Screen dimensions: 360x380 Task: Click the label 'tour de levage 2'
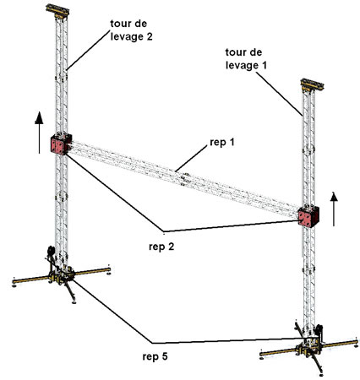[x=131, y=30]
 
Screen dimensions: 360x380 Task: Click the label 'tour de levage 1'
[x=246, y=59]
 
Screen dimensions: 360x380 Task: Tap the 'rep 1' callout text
[x=222, y=143]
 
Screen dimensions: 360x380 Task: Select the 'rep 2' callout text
[x=161, y=247]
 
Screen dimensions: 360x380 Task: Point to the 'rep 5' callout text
[x=155, y=356]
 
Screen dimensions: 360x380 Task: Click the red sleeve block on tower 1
[x=308, y=217]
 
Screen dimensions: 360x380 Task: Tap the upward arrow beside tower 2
[x=39, y=133]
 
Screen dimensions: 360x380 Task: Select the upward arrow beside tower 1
[x=334, y=209]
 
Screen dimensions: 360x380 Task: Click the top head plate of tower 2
[x=57, y=9]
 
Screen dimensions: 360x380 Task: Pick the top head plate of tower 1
[x=313, y=84]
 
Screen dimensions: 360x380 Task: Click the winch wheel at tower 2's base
[x=51, y=251]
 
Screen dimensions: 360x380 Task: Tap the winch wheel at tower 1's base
[x=319, y=329]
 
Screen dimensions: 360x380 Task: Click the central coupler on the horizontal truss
[x=184, y=179]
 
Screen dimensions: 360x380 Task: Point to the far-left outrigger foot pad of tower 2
[x=14, y=285]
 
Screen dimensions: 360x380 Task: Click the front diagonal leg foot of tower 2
[x=74, y=302]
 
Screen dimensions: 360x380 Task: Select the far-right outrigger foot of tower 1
[x=357, y=346]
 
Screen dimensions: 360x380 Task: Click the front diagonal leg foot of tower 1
[x=321, y=375]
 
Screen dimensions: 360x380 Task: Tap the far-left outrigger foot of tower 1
[x=262, y=358]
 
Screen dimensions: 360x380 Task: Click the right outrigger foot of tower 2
[x=108, y=272]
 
